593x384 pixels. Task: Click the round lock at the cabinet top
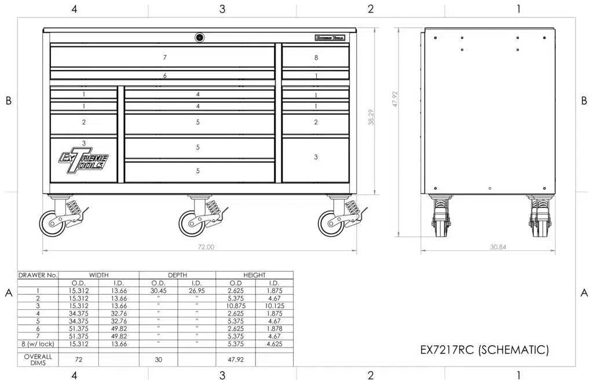tap(199, 37)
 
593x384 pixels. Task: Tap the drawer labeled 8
tap(316, 57)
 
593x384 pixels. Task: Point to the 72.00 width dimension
tap(206, 247)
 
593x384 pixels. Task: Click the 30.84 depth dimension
tap(497, 247)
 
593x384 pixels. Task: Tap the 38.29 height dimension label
tap(371, 118)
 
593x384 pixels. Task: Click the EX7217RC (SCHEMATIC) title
tap(484, 350)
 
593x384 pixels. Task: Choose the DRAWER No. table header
tap(38, 275)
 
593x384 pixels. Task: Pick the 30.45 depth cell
tap(159, 291)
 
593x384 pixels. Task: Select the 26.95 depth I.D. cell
tap(197, 291)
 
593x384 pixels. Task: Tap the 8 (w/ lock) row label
tap(38, 344)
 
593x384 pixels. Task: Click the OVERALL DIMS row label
tap(38, 360)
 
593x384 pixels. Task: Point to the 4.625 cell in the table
tap(274, 344)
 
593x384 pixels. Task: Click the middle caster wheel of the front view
tap(192, 222)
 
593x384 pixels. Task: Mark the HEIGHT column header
tap(254, 275)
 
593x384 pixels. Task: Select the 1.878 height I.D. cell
tap(274, 328)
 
